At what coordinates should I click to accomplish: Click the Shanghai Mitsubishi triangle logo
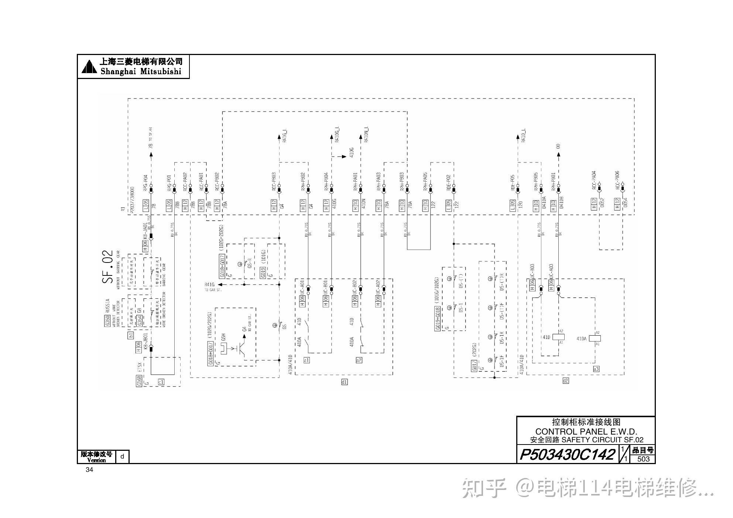(x=89, y=66)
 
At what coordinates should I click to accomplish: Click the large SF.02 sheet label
(x=107, y=267)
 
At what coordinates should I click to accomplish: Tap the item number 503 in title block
(x=643, y=459)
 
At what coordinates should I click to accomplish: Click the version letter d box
(x=122, y=457)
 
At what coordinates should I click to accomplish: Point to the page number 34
(x=89, y=470)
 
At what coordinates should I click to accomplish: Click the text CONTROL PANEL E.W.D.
(x=586, y=431)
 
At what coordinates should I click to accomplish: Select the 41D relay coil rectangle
(x=560, y=337)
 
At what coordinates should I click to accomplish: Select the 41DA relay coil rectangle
(x=595, y=338)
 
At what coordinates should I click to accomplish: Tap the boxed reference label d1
(x=344, y=382)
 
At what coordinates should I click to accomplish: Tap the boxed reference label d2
(x=565, y=381)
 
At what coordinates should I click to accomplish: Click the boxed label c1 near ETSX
(x=161, y=382)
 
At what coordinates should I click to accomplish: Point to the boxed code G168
(x=139, y=381)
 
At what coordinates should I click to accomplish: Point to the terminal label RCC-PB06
(x=617, y=180)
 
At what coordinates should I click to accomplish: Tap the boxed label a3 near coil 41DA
(x=596, y=369)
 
